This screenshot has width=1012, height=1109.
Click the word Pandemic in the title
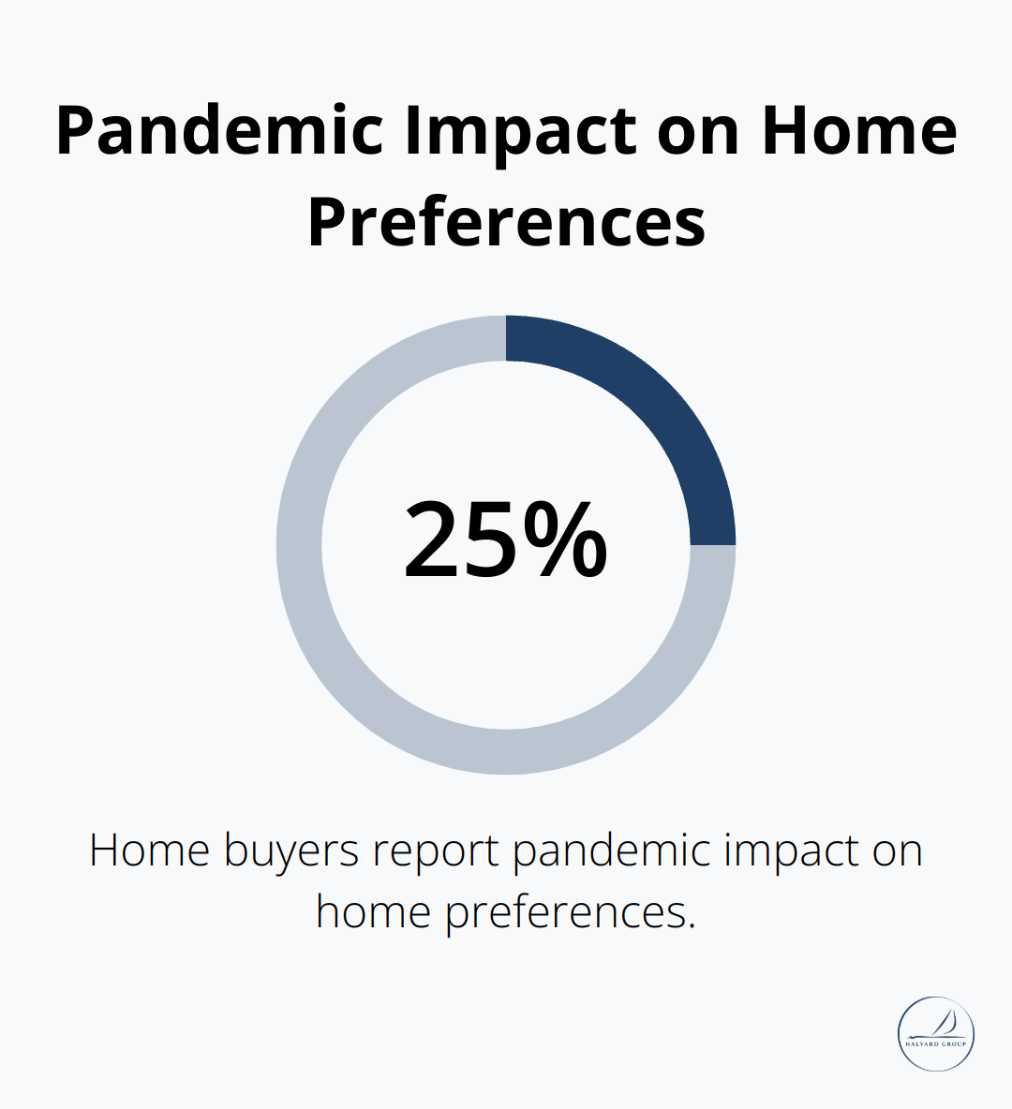pos(219,131)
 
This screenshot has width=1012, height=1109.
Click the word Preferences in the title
pos(506,223)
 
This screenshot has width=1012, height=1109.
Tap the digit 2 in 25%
pos(437,540)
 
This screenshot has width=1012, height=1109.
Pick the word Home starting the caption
pos(149,851)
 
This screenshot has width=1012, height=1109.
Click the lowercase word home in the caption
pos(373,911)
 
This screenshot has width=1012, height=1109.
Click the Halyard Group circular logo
pos(936,1033)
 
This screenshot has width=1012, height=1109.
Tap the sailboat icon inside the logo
pos(945,1024)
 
